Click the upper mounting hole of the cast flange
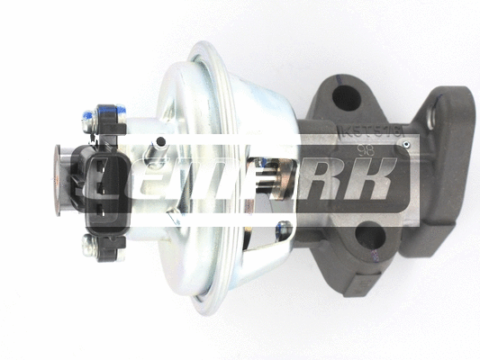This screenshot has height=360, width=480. coord(344,97)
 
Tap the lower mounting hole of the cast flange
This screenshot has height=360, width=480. coord(370,237)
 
